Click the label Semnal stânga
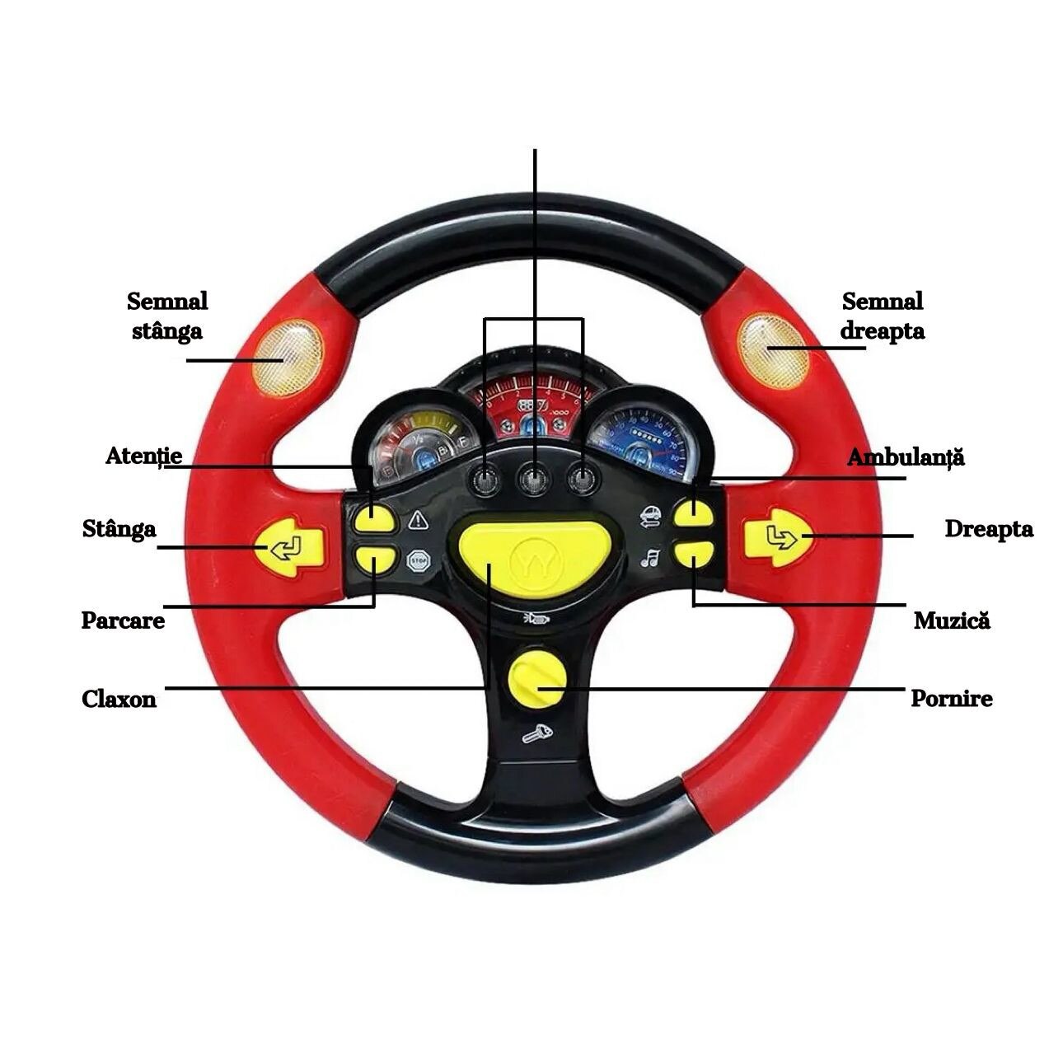(167, 316)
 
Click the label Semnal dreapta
(882, 316)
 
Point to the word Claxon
(119, 700)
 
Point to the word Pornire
(951, 699)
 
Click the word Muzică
(952, 620)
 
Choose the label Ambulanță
(906, 457)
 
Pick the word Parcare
(123, 620)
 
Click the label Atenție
(143, 456)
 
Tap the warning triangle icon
(418, 520)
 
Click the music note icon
(650, 559)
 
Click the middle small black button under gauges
(535, 479)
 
